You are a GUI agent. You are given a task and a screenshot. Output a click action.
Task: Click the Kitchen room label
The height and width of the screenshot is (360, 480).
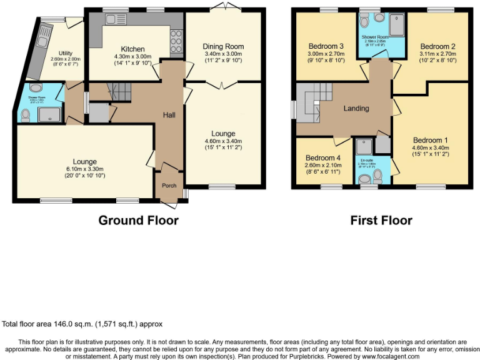(x=132, y=49)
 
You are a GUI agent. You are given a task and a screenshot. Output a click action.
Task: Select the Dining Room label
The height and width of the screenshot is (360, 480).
(x=223, y=46)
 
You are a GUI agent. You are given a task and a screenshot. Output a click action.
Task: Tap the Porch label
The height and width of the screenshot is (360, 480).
(x=169, y=186)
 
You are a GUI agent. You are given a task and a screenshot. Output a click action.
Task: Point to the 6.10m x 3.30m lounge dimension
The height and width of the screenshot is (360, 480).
(x=85, y=169)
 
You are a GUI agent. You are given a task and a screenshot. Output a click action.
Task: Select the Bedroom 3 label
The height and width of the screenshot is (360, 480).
(x=326, y=46)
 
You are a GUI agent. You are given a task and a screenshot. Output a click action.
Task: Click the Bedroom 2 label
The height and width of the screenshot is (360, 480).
(x=437, y=46)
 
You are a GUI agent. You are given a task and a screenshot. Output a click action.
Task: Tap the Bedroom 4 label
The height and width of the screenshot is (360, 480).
(x=323, y=157)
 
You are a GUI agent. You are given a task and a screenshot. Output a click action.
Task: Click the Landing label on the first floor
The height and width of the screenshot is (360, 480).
(x=356, y=108)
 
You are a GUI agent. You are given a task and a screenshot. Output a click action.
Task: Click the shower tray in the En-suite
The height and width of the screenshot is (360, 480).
(x=363, y=146)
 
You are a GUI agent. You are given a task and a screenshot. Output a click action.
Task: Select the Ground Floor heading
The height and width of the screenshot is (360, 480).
(x=138, y=221)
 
